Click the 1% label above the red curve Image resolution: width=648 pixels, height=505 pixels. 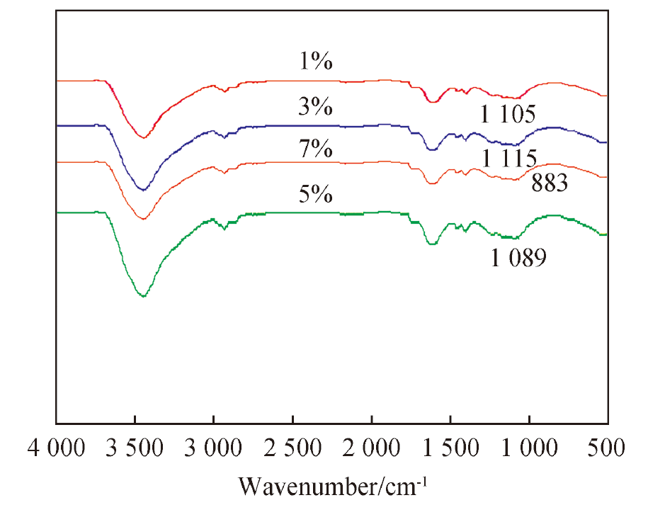[x=316, y=61]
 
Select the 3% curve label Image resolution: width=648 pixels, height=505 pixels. [x=316, y=107]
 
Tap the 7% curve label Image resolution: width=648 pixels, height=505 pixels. [x=316, y=149]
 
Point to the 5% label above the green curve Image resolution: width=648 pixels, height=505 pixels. [x=316, y=194]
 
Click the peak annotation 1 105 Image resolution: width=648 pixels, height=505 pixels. [x=508, y=113]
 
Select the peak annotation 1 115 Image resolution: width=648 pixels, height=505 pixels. [x=510, y=158]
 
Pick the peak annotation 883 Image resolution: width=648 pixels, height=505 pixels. [x=550, y=183]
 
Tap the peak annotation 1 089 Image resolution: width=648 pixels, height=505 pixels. [x=518, y=258]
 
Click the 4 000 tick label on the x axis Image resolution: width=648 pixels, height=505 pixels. [x=56, y=448]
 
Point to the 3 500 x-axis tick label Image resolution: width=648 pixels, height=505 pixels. [x=135, y=448]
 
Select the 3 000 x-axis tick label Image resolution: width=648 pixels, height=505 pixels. [x=213, y=448]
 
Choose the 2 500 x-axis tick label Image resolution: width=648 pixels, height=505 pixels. [x=292, y=448]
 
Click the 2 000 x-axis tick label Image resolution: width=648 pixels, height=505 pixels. [x=372, y=448]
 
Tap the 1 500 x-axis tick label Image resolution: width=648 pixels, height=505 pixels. [x=450, y=448]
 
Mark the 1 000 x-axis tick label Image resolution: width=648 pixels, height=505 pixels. [x=530, y=448]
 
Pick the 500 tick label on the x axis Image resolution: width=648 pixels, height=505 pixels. [x=606, y=448]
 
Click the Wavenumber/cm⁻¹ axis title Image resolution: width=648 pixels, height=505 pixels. [x=333, y=487]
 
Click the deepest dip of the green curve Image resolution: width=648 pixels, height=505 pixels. [x=143, y=296]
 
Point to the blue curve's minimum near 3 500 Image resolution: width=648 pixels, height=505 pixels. [x=143, y=190]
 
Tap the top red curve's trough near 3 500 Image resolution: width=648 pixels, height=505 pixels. [x=143, y=137]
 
